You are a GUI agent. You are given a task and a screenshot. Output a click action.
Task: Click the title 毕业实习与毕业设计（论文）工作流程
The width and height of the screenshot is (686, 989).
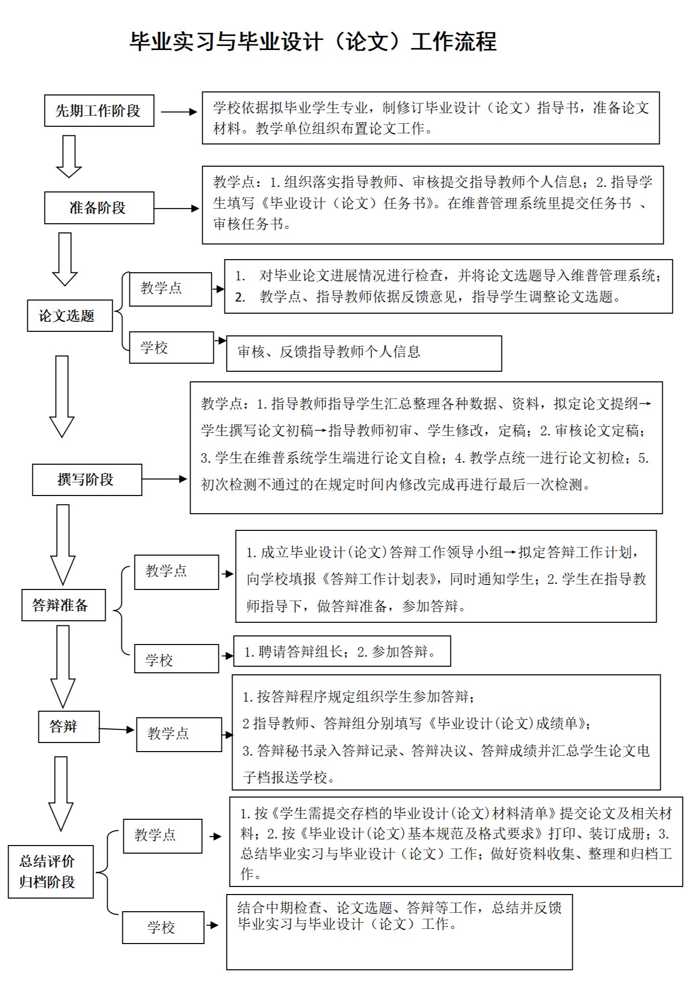click(x=313, y=42)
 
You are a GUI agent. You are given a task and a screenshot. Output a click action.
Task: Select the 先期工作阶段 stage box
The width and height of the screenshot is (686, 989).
click(x=99, y=111)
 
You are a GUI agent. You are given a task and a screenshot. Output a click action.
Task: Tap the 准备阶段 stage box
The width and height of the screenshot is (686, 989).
click(x=99, y=208)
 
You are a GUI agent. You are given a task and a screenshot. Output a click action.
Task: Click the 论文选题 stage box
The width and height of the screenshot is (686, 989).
click(x=70, y=316)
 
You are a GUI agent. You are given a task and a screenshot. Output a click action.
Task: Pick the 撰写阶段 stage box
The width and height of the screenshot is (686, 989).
click(x=87, y=479)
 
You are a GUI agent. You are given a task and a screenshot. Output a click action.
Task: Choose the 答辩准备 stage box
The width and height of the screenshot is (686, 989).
click(x=63, y=605)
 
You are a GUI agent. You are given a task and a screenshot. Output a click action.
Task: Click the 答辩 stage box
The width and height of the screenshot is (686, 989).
click(x=69, y=727)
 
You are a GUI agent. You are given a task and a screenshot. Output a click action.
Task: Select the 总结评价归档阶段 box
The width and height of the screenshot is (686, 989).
click(x=51, y=871)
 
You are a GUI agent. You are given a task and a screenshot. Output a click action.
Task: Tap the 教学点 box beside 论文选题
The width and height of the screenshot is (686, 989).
click(x=170, y=289)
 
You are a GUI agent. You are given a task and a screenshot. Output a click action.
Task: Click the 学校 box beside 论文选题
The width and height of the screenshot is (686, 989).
click(x=171, y=348)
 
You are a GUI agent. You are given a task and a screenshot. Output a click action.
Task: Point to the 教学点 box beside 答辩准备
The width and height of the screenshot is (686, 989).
click(x=176, y=572)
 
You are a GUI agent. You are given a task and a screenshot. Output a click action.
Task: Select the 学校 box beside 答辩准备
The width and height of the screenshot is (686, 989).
click(x=176, y=659)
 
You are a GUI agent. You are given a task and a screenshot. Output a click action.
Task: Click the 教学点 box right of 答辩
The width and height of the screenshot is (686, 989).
click(x=179, y=734)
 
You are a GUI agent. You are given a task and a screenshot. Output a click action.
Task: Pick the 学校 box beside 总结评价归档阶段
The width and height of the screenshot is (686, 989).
click(x=163, y=927)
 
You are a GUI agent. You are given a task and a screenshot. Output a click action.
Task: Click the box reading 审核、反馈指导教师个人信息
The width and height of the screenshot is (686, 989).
click(x=363, y=353)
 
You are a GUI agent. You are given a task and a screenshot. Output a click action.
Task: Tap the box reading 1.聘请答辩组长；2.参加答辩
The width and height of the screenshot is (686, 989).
click(x=341, y=651)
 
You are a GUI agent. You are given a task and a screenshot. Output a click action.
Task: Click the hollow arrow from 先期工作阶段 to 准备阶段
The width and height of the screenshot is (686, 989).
click(x=69, y=157)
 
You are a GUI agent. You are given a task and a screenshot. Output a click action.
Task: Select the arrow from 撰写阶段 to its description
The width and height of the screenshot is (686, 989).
click(x=164, y=479)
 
